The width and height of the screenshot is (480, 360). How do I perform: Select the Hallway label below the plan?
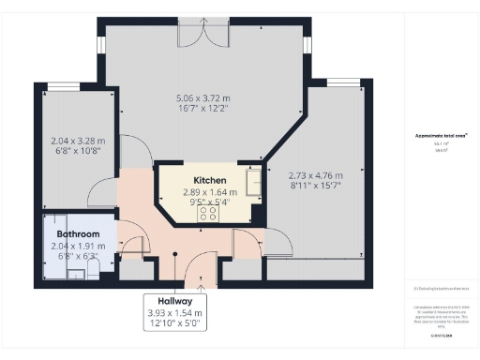point(178,301)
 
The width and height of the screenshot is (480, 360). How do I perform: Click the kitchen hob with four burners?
point(207,213)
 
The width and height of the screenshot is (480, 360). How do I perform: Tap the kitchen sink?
point(254,180)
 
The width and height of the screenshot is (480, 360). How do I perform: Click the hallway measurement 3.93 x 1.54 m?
point(178,312)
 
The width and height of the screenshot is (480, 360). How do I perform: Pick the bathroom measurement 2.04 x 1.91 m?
point(79,246)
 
